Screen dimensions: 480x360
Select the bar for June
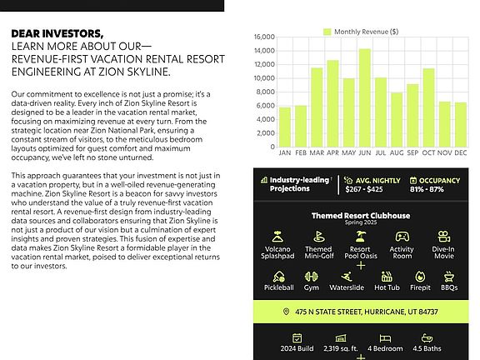coord(365,98)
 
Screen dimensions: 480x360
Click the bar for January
coord(285,127)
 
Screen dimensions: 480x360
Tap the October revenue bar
coord(428,107)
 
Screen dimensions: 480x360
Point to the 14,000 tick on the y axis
coord(264,51)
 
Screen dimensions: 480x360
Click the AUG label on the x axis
coord(397,152)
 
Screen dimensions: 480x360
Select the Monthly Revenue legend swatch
coord(327,32)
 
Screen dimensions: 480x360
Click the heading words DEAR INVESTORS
coord(57,33)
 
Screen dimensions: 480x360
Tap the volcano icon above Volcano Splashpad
coord(277,237)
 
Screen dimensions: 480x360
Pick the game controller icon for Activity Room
coord(402,237)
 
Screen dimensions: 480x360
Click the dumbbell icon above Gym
coord(312,277)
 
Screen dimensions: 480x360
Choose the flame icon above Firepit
coord(420,277)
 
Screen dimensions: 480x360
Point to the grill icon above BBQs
coord(449,277)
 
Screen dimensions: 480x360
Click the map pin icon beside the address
coord(286,312)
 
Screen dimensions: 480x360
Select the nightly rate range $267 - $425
coord(364,189)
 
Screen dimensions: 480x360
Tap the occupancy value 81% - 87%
coord(427,189)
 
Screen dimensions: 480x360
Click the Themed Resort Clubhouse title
coord(361,216)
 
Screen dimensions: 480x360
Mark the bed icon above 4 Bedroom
coord(385,338)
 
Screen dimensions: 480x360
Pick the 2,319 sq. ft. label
coord(340,348)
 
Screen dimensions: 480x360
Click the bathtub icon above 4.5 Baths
coord(427,338)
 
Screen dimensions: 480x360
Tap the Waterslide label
coord(347,287)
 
